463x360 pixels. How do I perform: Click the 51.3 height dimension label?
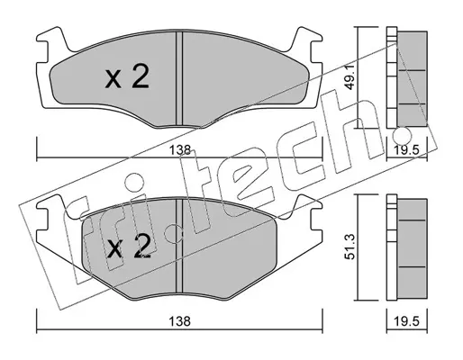[x=350, y=247]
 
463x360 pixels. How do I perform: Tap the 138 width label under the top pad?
[x=179, y=150]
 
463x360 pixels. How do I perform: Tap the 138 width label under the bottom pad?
[x=179, y=321]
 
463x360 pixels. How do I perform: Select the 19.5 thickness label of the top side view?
[x=407, y=150]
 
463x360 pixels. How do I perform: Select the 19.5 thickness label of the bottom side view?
[x=407, y=321]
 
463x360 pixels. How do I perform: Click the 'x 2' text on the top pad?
[x=127, y=77]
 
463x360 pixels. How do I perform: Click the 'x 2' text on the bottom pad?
[x=129, y=247]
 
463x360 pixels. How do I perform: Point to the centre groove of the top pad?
[x=179, y=78]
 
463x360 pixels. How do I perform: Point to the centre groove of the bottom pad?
[x=179, y=246]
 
